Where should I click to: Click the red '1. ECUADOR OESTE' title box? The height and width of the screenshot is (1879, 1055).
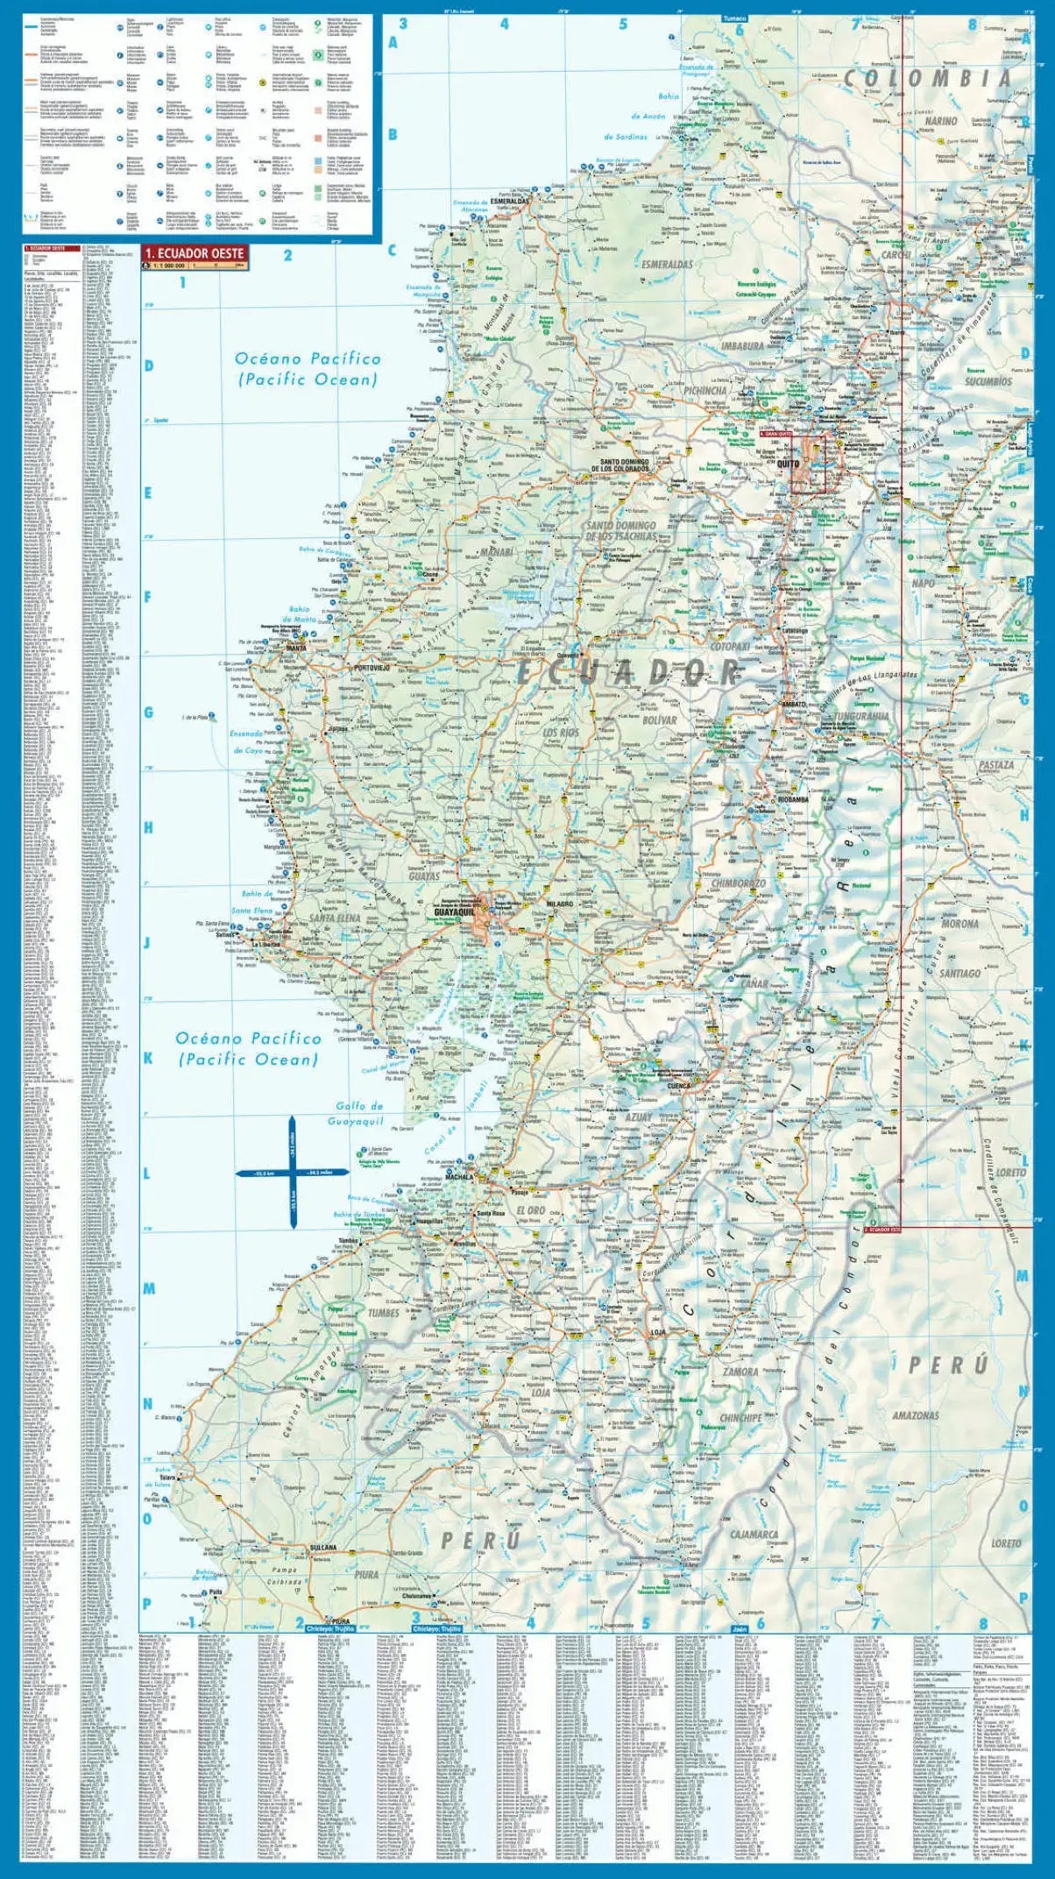pyautogui.click(x=195, y=253)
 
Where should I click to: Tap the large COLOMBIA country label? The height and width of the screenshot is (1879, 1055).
pyautogui.click(x=927, y=79)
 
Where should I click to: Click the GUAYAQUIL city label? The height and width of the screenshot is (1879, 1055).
pyautogui.click(x=453, y=912)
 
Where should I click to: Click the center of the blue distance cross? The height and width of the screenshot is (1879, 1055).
pyautogui.click(x=293, y=1172)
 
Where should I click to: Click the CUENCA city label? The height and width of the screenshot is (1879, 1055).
pyautogui.click(x=679, y=1085)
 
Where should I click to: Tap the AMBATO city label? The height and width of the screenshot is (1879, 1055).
pyautogui.click(x=793, y=704)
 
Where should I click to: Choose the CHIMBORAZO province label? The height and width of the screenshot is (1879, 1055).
pyautogui.click(x=738, y=884)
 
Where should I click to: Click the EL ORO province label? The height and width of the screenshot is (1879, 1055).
pyautogui.click(x=531, y=1210)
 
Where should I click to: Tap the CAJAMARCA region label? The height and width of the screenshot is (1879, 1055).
pyautogui.click(x=754, y=1534)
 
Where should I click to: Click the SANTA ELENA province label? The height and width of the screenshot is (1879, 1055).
pyautogui.click(x=335, y=918)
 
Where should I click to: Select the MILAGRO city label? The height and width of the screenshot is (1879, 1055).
pyautogui.click(x=558, y=904)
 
